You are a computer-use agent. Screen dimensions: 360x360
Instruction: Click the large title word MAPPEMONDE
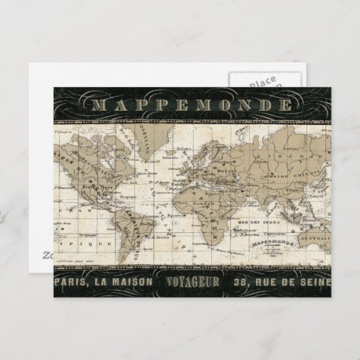click(x=192, y=106)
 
